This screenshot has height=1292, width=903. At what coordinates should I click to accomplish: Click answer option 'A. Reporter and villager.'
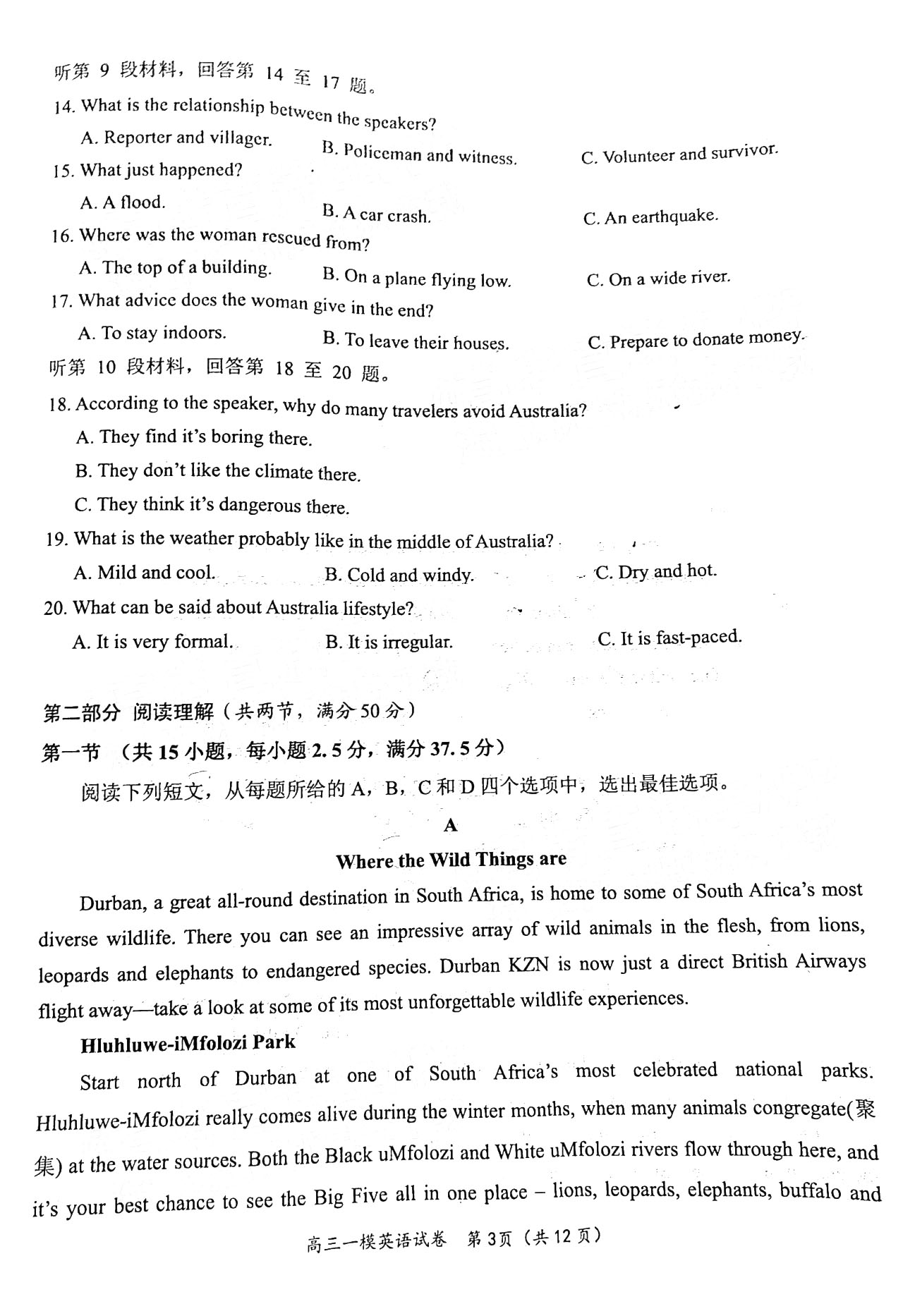(176, 138)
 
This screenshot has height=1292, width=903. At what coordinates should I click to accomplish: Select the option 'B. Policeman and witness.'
(419, 153)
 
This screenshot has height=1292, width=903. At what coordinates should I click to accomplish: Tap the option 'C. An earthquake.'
(650, 217)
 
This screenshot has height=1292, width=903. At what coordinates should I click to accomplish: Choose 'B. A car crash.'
(376, 214)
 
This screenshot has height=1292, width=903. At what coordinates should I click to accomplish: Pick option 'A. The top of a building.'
(175, 268)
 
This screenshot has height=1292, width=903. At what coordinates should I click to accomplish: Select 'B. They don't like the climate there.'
(218, 472)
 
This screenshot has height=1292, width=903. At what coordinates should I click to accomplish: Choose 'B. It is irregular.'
(389, 642)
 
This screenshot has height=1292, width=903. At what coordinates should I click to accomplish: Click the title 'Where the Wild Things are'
(451, 860)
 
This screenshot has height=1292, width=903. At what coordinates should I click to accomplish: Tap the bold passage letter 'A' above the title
(451, 825)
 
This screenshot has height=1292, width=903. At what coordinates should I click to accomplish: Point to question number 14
(64, 106)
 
